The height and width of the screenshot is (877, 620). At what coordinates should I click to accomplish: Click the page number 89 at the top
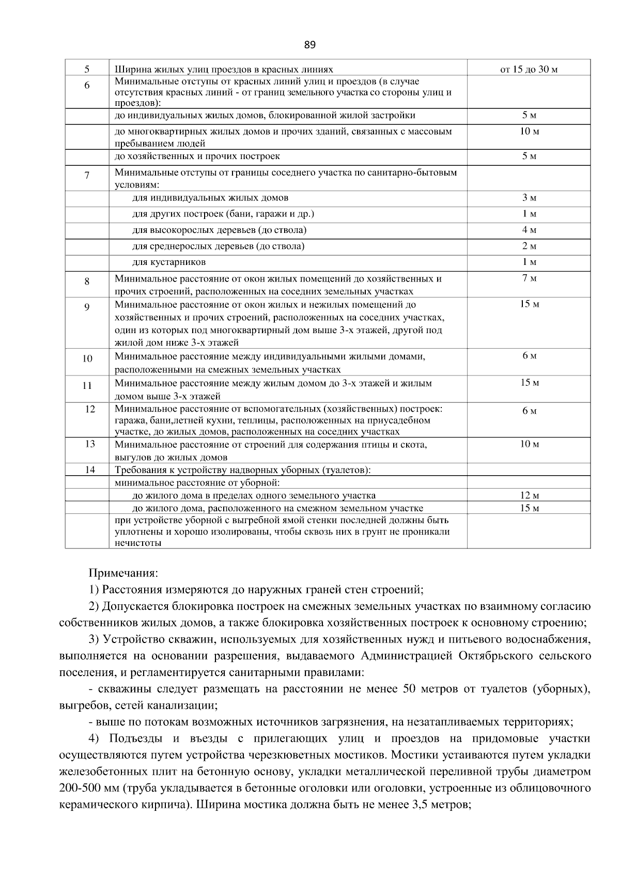click(x=309, y=45)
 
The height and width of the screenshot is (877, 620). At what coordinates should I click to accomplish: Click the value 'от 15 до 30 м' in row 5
click(x=529, y=69)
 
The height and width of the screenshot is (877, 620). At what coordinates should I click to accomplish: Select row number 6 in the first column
click(x=87, y=85)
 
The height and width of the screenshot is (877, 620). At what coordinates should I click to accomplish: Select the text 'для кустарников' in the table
click(x=169, y=262)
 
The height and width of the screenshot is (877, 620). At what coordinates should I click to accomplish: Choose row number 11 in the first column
click(x=87, y=385)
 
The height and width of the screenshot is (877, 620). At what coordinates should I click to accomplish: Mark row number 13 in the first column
click(x=90, y=444)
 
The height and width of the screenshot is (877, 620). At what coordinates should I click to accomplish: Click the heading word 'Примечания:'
click(x=123, y=573)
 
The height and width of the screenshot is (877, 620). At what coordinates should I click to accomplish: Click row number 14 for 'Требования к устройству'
click(x=90, y=469)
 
